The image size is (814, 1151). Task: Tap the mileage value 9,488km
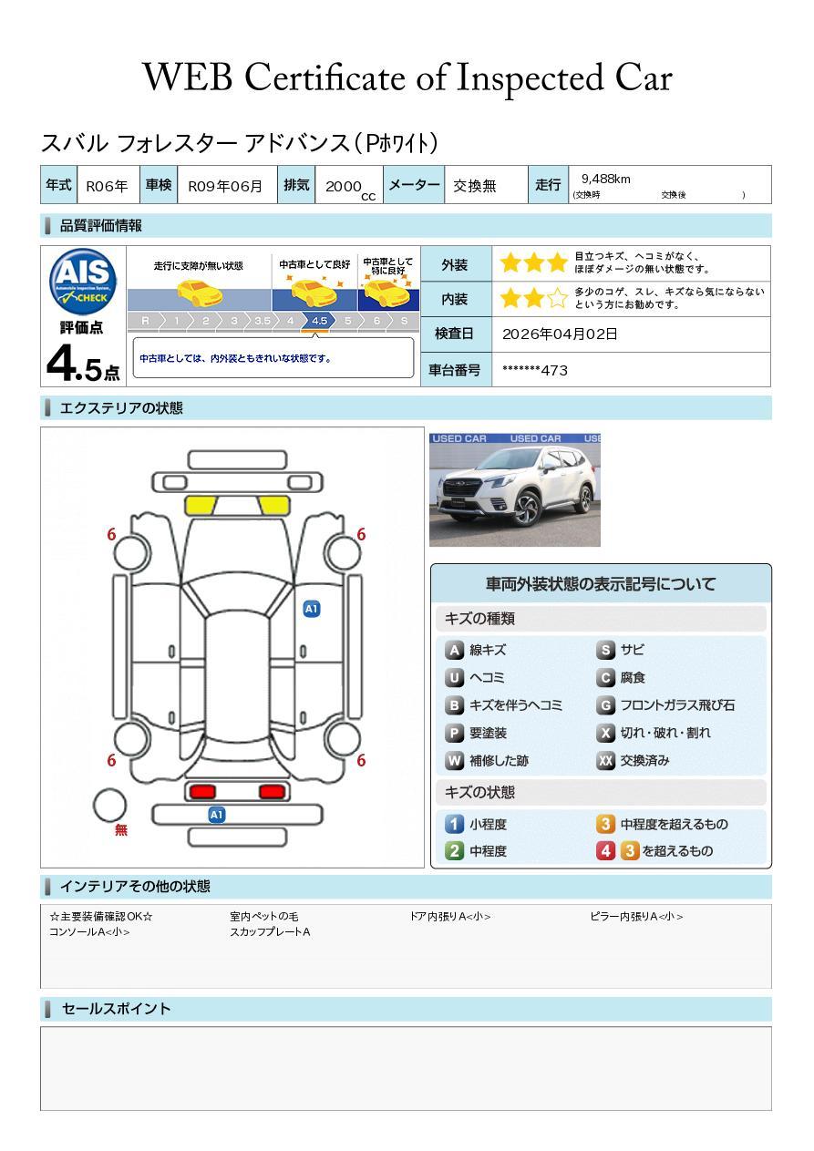point(605,180)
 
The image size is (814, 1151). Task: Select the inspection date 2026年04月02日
point(560,334)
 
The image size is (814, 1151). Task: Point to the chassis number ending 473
point(535,371)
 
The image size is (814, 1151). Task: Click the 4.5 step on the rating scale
point(319,321)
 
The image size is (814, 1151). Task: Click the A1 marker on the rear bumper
point(216,815)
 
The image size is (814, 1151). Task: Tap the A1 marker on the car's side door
point(312,609)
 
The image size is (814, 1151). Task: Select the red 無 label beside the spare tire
point(120,829)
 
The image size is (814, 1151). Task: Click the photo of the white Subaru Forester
point(514,489)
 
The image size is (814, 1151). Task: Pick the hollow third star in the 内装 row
point(557,298)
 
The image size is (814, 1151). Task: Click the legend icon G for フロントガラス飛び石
point(605,705)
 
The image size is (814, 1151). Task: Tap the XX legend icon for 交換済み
point(605,760)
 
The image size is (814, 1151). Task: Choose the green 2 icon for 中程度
point(454,851)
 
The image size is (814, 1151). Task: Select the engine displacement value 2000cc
point(350,189)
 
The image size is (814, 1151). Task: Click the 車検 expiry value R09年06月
point(225,186)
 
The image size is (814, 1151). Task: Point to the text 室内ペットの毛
point(264,916)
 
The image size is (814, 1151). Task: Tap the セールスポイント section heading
point(116,1009)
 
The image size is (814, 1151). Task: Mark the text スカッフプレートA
point(270,931)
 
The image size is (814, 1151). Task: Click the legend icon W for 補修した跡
point(454,760)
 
